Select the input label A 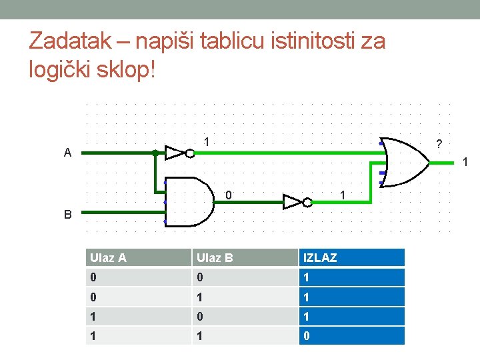pos(67,153)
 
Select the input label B pos(67,215)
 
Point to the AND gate pos(190,202)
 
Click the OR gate pos(404,162)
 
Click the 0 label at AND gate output pos(228,195)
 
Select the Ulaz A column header pos(108,257)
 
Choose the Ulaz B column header pos(215,257)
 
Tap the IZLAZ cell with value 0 pos(351,336)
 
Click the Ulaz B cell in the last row pos(245,336)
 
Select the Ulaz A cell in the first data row pos(138,277)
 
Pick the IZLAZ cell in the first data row pos(351,277)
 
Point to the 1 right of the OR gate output pos(465,162)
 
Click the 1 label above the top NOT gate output pos(207,141)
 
